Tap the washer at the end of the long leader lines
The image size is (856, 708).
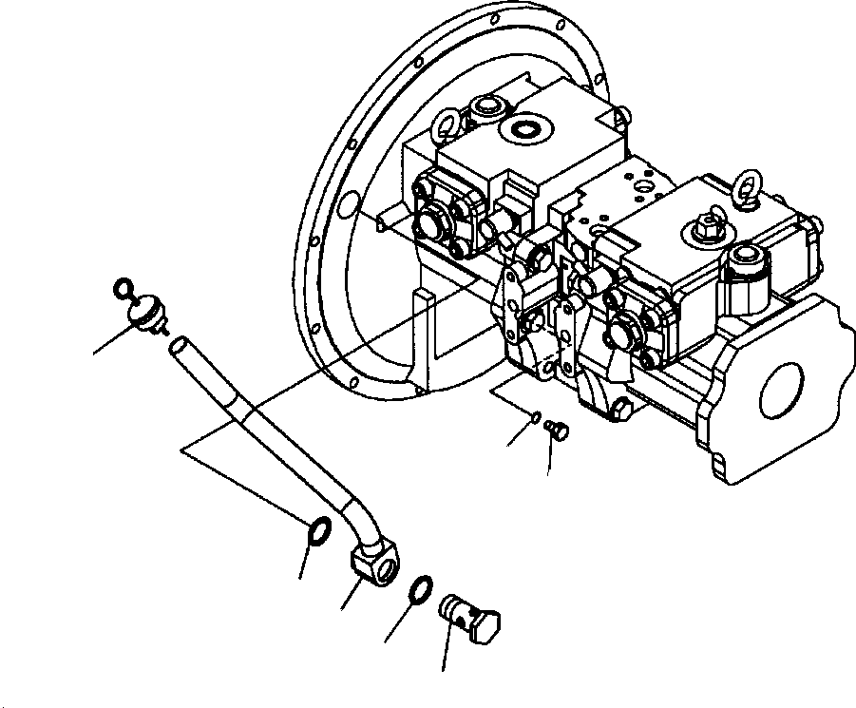[319, 528]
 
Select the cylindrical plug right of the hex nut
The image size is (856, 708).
[746, 264]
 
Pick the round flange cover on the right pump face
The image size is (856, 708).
[622, 334]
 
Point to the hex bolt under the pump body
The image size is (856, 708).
[623, 410]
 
